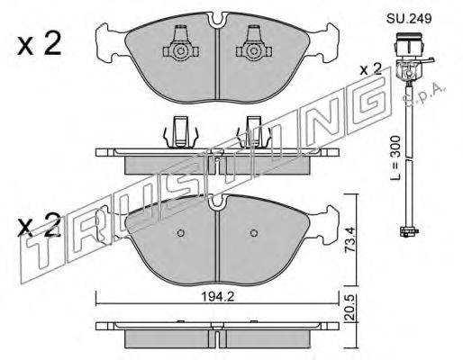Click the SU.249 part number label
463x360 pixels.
(409, 19)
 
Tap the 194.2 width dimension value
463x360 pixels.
(217, 297)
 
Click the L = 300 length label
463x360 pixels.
(395, 157)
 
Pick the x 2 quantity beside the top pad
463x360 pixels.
(39, 44)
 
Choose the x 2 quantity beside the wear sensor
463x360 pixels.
(371, 70)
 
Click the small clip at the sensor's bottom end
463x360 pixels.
(409, 231)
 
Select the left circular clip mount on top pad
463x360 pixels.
(180, 51)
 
